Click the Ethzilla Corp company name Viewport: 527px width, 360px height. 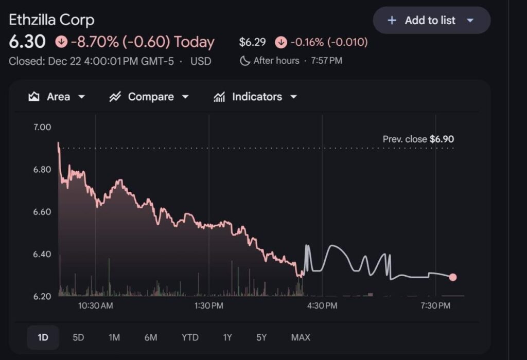pos(51,20)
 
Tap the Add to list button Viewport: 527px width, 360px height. pos(431,21)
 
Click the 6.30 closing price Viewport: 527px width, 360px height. pos(27,42)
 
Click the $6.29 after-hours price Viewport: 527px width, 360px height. pos(252,42)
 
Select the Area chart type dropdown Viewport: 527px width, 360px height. pos(57,97)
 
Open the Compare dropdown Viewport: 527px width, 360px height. pos(149,97)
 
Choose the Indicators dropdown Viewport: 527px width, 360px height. pos(256,97)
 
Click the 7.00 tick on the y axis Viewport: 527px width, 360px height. pos(42,127)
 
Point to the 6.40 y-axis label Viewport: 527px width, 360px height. pos(42,254)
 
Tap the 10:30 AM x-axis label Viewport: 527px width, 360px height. pos(95,306)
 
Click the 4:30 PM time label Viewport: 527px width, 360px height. pos(322,306)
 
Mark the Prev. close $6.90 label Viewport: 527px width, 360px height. pos(418,139)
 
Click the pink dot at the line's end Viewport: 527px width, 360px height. pos(453,277)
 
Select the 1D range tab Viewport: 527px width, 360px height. pos(43,337)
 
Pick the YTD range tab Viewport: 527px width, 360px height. pos(190,337)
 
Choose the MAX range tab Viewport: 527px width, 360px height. pos(301,337)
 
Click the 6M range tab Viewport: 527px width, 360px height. pos(151,337)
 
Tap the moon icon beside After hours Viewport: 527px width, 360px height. pos(245,61)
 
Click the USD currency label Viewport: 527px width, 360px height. pos(201,61)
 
